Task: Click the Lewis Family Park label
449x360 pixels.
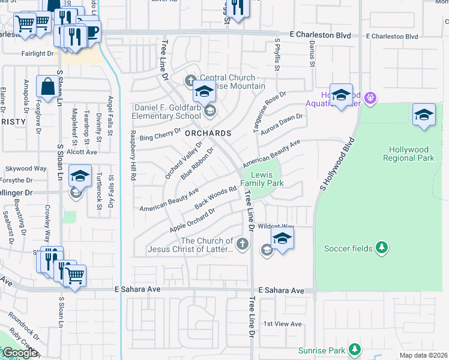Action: pos(262,178)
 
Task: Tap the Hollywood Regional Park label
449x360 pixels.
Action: pos(411,154)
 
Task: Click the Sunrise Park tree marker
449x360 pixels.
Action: pos(355,349)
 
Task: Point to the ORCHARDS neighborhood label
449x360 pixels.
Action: pos(208,133)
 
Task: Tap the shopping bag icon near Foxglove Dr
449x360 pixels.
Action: pos(47,86)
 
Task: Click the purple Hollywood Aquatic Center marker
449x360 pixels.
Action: pos(370,96)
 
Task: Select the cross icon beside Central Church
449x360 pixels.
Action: pos(191,80)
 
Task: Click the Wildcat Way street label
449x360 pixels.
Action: pos(276,227)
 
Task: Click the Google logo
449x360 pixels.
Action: pos(20,353)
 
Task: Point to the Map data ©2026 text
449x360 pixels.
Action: pos(423,355)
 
